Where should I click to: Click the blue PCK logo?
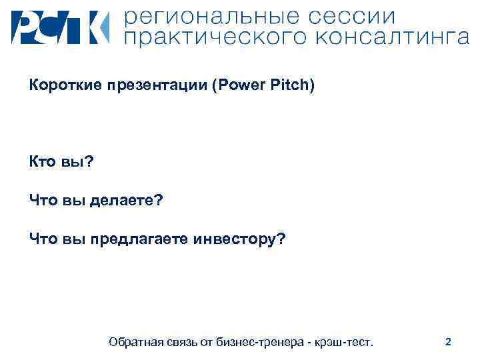59,27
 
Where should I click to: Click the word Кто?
41,162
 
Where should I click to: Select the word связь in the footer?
188,342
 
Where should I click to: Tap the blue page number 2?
448,342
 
